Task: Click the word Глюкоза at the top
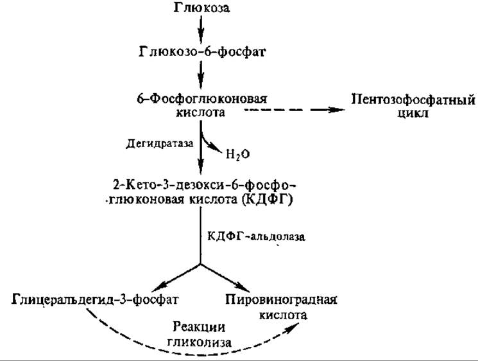click(201, 7)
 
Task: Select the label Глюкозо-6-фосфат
click(202, 51)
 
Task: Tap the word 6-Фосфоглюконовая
click(202, 99)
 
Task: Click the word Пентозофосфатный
click(413, 100)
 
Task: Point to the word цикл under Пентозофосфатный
click(413, 113)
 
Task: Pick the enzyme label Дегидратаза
click(159, 143)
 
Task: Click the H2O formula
click(238, 154)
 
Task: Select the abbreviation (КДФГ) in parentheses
click(268, 200)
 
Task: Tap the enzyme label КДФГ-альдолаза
click(256, 236)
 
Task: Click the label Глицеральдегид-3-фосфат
click(95, 299)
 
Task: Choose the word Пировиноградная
click(282, 299)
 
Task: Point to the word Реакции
click(199, 327)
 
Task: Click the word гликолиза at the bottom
click(199, 342)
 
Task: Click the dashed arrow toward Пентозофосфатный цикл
click(294, 110)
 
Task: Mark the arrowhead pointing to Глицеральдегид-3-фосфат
click(159, 286)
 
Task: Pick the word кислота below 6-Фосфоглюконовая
click(201, 112)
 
